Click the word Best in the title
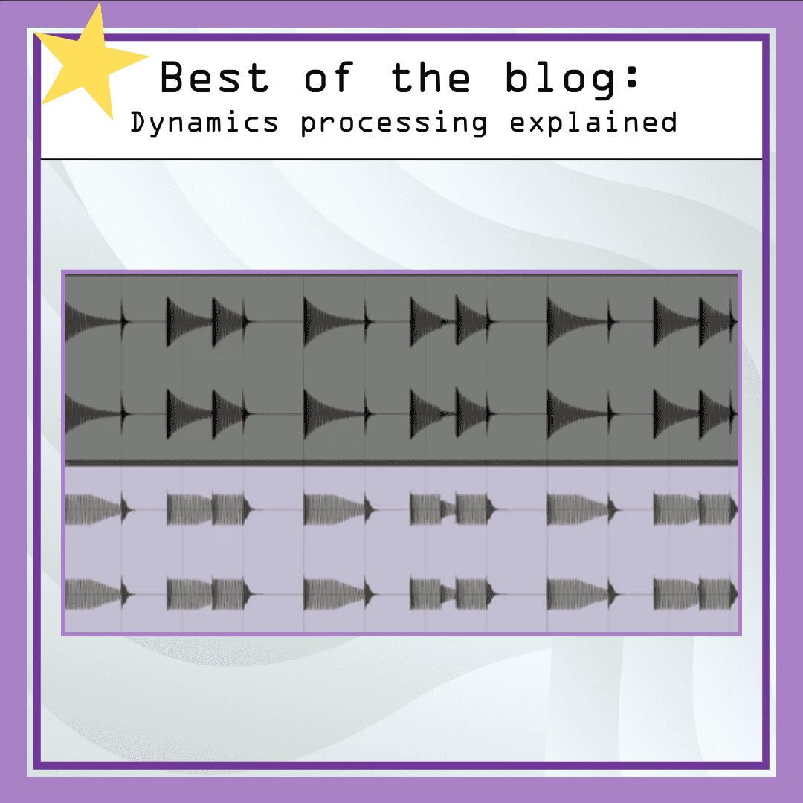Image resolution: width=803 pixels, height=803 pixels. pos(214,77)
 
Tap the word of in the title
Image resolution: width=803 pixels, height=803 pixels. pos(327,77)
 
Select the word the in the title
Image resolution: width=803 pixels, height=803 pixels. pos(430,77)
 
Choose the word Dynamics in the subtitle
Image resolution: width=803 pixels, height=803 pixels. pos(204,123)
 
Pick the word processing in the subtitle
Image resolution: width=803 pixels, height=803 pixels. pos(394,123)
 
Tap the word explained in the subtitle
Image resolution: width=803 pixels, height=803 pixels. pos(593,123)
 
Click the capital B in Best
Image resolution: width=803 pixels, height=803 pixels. pos(173,77)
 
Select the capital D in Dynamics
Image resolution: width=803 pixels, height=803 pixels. pos(139,122)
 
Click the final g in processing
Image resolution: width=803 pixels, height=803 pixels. pos(479,125)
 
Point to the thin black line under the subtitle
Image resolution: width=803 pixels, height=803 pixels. pos(401,159)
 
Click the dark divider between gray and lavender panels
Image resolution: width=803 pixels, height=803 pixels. pos(401,463)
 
